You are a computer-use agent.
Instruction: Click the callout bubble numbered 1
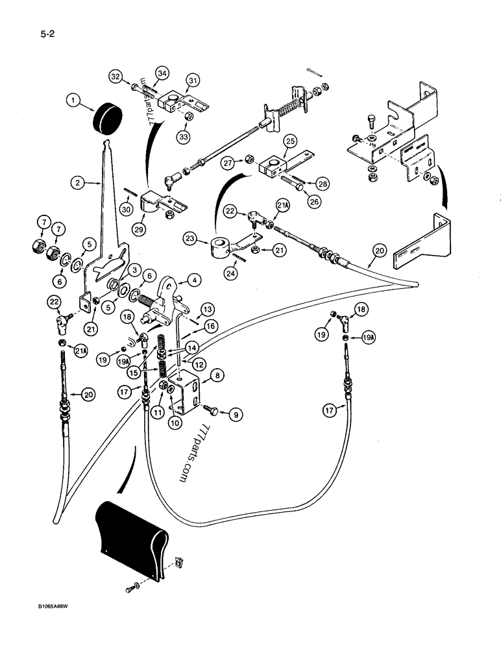[x=75, y=101]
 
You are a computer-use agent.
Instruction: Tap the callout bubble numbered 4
[x=194, y=281]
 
